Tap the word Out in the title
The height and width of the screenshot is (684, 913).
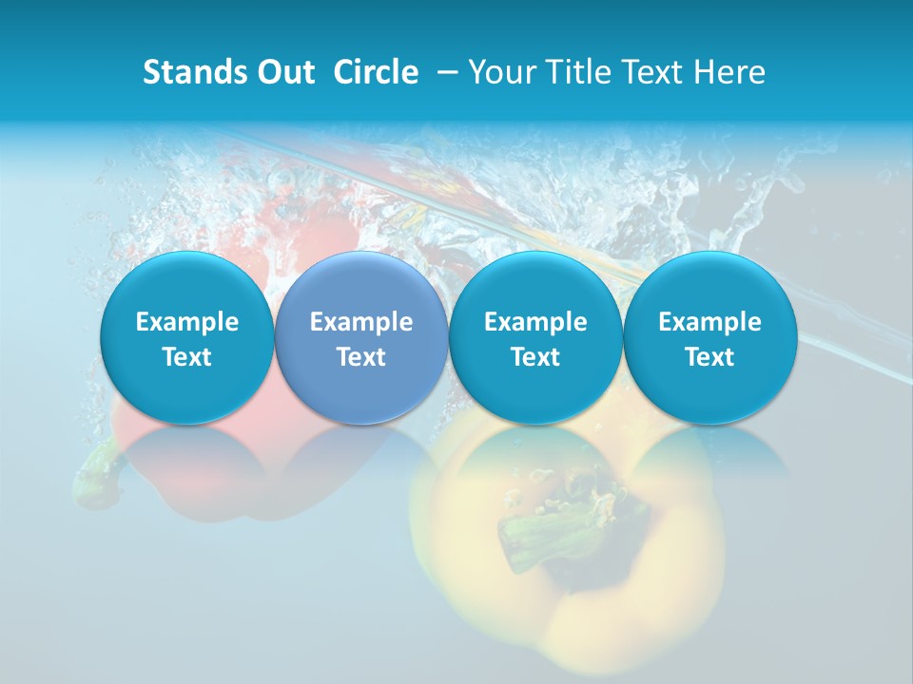pos(282,72)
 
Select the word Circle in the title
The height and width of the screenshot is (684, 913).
pos(376,72)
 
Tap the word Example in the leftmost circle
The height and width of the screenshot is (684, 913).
pos(187,322)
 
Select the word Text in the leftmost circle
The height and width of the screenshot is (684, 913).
pos(187,357)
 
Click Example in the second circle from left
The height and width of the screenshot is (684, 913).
pos(361,322)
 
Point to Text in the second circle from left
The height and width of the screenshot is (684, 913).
pos(361,357)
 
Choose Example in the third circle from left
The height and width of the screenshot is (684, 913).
pos(535,322)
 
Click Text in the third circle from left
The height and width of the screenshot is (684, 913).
pos(535,357)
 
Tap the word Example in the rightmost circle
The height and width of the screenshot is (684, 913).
pos(709,322)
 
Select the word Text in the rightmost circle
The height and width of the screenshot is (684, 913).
pos(709,357)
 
